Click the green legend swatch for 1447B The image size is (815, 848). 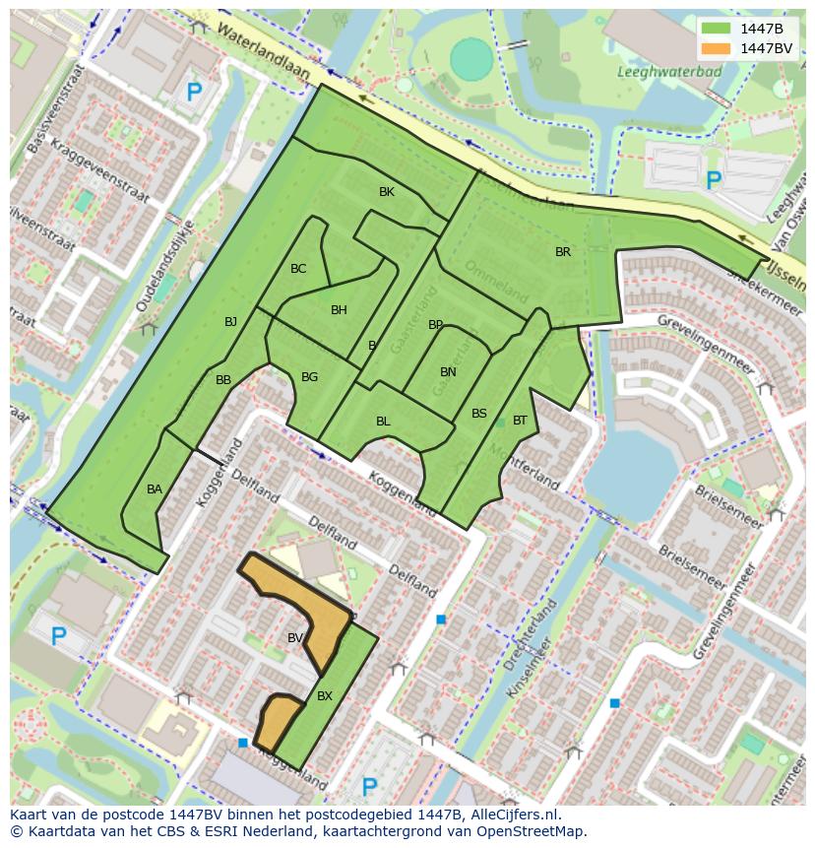coord(717,29)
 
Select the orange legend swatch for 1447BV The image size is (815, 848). coord(717,48)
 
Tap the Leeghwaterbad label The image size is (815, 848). coord(658,71)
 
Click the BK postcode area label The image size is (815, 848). coord(387,192)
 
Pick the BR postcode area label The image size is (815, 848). coord(563,252)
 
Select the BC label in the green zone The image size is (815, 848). coord(298,269)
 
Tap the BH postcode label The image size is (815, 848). coord(339,310)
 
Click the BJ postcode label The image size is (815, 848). coord(230,322)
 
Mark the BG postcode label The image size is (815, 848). coord(309,377)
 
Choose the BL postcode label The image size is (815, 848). coord(383,422)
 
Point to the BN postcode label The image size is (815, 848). coord(448,372)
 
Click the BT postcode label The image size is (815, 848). coord(520,421)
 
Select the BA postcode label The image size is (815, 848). coord(155,489)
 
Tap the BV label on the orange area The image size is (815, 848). coord(295,638)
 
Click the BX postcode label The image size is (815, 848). coord(325,696)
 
